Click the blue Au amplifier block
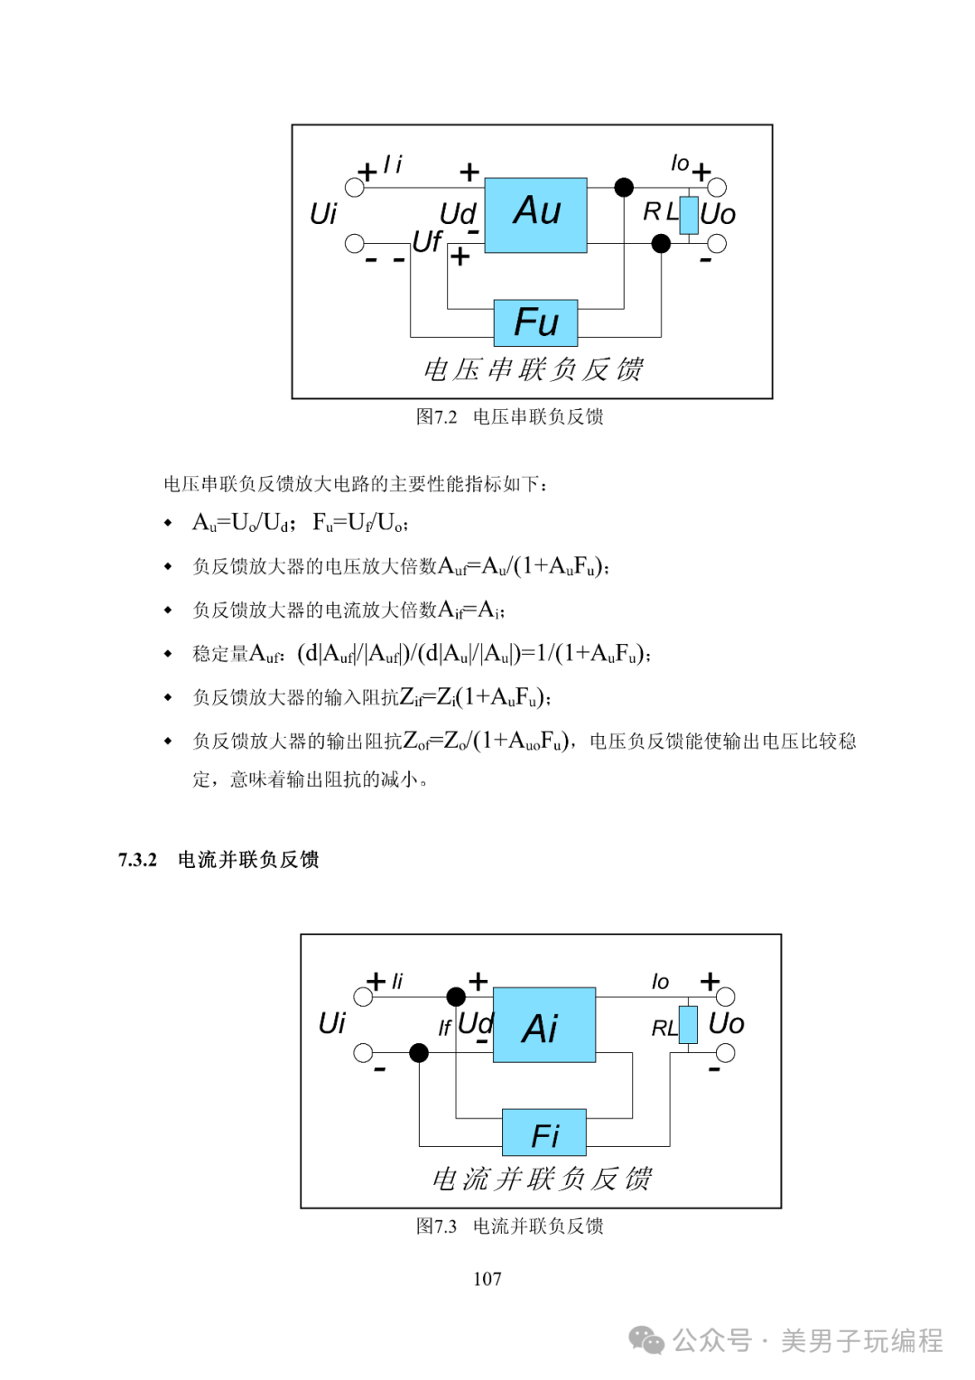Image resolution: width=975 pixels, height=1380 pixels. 535,215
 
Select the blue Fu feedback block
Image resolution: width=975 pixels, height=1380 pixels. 535,322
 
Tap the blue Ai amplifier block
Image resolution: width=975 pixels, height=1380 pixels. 543,1024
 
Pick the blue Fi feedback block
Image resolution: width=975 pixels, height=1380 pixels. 543,1133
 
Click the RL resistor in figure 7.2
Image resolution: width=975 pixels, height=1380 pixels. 689,215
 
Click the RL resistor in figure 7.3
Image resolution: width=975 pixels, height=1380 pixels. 688,1024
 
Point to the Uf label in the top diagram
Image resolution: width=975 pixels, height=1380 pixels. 427,241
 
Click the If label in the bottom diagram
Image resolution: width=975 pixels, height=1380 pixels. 444,1028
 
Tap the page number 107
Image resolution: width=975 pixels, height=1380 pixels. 487,1279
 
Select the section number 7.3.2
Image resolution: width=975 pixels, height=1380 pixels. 137,860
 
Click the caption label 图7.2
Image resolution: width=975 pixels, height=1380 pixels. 436,417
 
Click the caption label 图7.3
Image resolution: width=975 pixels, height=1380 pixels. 436,1226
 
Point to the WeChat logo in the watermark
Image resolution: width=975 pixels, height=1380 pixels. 646,1340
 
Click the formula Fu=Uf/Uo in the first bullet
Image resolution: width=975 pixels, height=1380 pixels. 359,522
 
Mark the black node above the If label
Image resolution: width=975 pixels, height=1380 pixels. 456,996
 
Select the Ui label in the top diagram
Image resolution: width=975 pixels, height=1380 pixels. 323,214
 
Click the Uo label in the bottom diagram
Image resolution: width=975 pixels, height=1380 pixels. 726,1024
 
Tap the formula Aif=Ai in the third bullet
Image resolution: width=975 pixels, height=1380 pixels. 471,610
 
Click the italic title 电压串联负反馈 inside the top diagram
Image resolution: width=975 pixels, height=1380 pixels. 534,369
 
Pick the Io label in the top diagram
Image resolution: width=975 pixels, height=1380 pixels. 680,163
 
